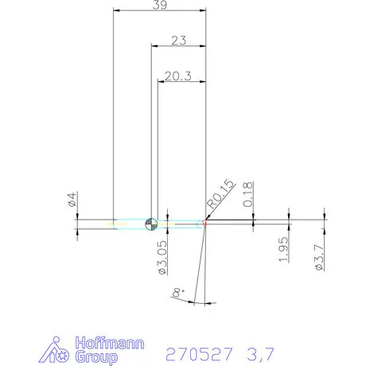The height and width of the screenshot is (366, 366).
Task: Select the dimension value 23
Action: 178,40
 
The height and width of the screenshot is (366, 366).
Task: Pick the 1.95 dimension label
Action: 284,252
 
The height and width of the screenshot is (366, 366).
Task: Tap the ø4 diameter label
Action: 72,202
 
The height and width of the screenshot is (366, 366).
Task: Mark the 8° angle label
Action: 178,295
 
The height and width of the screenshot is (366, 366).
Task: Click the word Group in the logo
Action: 96,357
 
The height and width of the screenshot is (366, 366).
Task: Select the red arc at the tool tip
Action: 204,224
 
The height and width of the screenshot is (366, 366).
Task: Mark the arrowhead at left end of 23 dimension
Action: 154,47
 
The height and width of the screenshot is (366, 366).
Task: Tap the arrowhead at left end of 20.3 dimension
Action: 162,82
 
